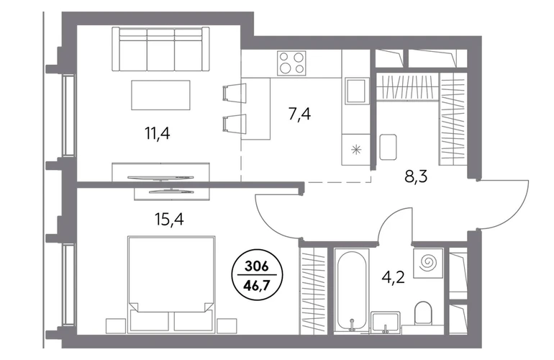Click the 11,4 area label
[x=158, y=134]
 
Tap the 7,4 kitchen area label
[x=299, y=114]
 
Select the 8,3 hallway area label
[x=416, y=176]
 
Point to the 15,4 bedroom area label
[x=169, y=220]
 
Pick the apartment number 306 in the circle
[x=257, y=266]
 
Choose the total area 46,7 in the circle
[x=257, y=284]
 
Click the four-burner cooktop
[x=291, y=63]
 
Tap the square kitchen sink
[x=355, y=91]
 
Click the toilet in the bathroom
[x=423, y=312]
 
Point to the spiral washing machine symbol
[x=428, y=263]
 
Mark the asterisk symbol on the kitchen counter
[x=356, y=150]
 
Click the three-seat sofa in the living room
[x=159, y=50]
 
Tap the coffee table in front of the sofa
[x=160, y=95]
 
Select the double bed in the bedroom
[x=172, y=284]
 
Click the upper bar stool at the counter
[x=235, y=94]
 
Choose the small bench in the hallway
[x=388, y=147]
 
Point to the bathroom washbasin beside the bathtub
[x=386, y=322]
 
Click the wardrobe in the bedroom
[x=313, y=291]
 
